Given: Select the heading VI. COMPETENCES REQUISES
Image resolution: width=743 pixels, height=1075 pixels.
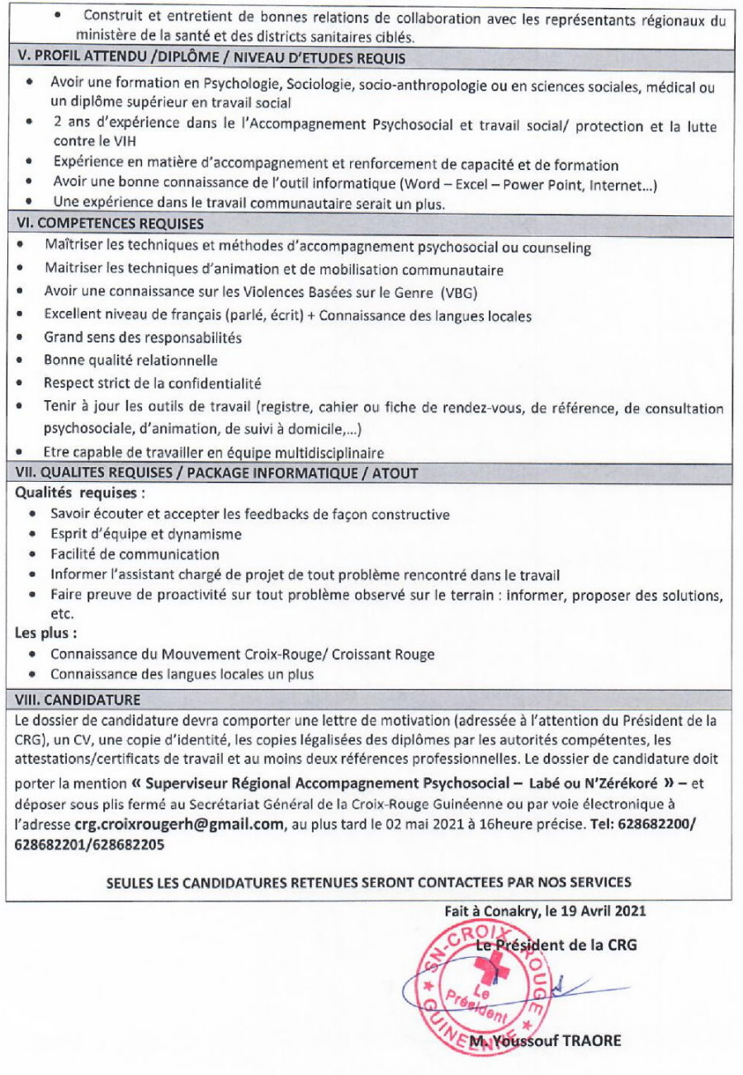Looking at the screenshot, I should (x=111, y=223).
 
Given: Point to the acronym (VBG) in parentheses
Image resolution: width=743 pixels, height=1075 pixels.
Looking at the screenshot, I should (x=461, y=293).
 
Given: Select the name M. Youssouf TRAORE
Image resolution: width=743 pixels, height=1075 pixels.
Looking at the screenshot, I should (x=545, y=1041).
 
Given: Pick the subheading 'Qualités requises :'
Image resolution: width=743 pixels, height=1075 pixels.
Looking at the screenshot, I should (x=80, y=493).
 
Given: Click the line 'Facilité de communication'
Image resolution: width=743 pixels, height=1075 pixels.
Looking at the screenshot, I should (x=135, y=554).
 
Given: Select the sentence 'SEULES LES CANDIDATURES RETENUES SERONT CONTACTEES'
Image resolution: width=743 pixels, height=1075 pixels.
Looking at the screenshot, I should (x=369, y=881).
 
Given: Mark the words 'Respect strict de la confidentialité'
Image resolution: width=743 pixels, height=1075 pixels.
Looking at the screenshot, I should (x=152, y=383).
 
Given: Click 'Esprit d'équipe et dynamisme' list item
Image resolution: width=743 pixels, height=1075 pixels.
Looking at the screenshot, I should (x=145, y=534).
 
